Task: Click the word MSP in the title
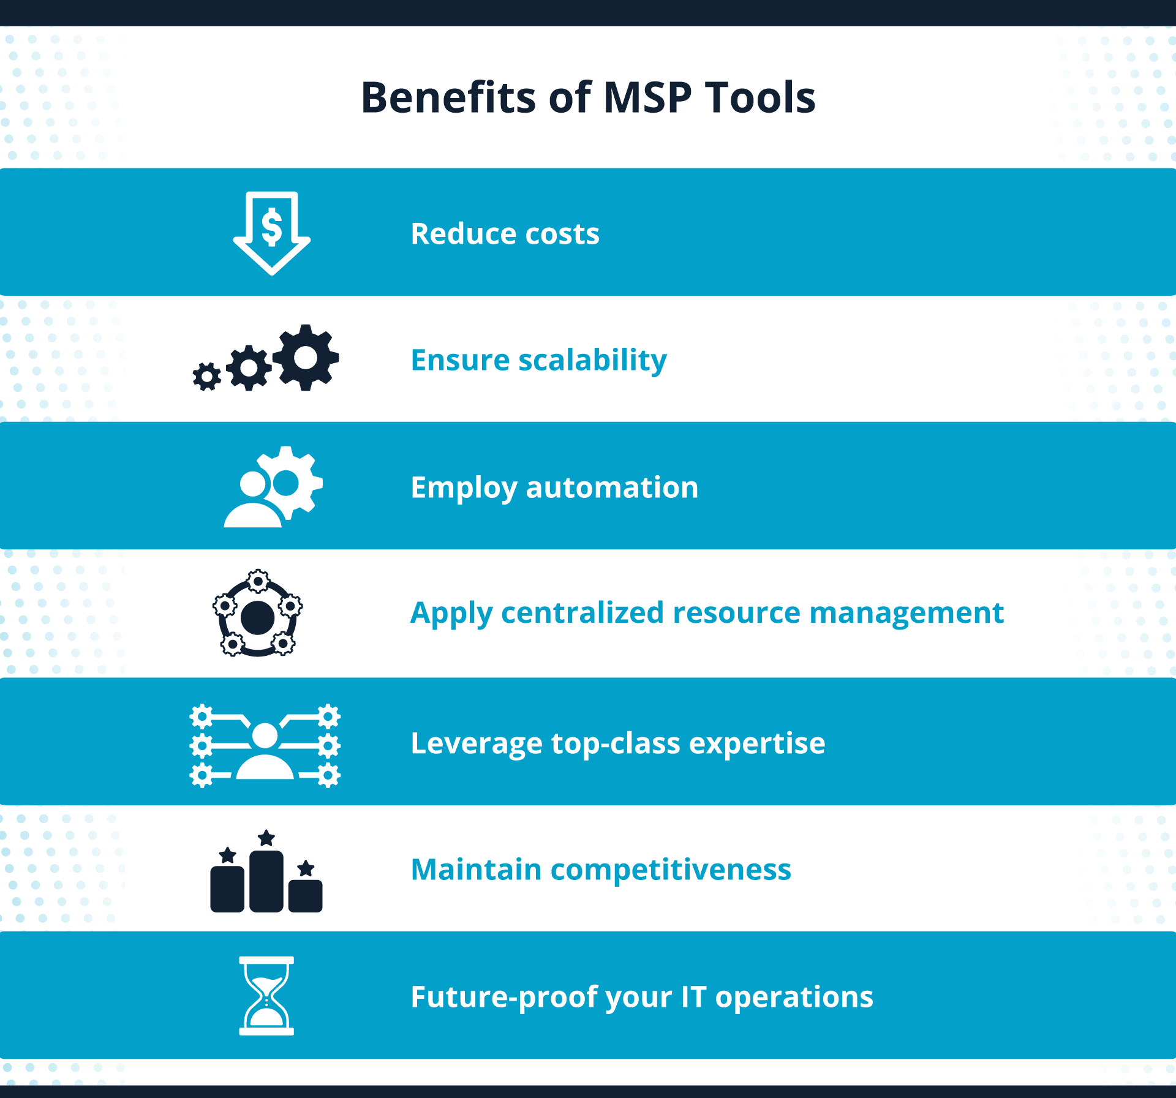pos(647,97)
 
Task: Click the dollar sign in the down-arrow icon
pos(272,227)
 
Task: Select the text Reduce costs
pos(505,233)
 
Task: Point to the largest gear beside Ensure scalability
pos(306,357)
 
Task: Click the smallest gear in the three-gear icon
pos(207,376)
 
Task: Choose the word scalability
pos(592,360)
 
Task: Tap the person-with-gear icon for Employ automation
pos(273,487)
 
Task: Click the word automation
pos(612,487)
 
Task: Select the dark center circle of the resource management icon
pos(258,617)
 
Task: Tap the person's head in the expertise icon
pos(265,735)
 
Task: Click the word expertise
pos(757,743)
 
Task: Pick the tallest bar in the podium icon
pos(266,881)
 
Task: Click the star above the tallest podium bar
pos(266,838)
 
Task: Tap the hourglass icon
pos(266,996)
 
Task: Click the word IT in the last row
pos(694,997)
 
